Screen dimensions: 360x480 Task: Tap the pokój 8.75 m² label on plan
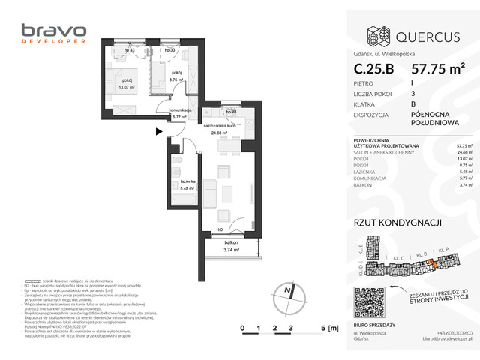point(177,77)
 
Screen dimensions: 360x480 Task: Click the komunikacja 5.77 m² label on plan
point(181,113)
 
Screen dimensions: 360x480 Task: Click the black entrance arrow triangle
point(157,132)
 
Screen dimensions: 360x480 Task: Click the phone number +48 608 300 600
point(454,333)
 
